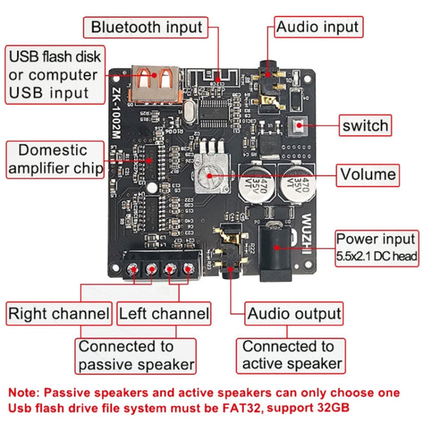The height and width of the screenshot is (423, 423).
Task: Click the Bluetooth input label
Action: click(x=147, y=27)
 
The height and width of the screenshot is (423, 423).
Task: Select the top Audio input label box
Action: click(x=317, y=27)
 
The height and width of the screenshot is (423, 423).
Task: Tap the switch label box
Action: click(x=364, y=125)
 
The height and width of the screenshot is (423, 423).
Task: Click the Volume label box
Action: click(x=367, y=173)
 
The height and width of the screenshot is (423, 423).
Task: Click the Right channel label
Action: click(x=59, y=314)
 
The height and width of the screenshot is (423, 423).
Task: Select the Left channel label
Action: click(x=164, y=314)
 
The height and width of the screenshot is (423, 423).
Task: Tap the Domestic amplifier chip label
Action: click(x=54, y=159)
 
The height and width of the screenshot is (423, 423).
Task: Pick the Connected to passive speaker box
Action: click(x=135, y=355)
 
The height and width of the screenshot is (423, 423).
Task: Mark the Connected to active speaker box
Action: click(x=292, y=355)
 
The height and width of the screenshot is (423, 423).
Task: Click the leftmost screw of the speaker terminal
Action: click(x=134, y=269)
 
